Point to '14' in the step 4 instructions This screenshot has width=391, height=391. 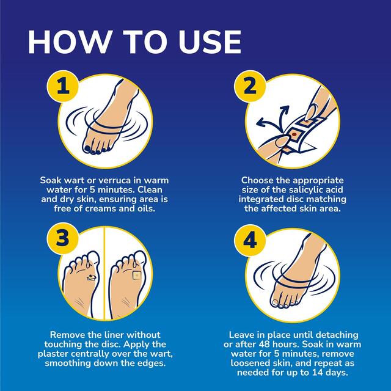pos(322,373)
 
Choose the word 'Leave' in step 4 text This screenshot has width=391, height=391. pos(243,335)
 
